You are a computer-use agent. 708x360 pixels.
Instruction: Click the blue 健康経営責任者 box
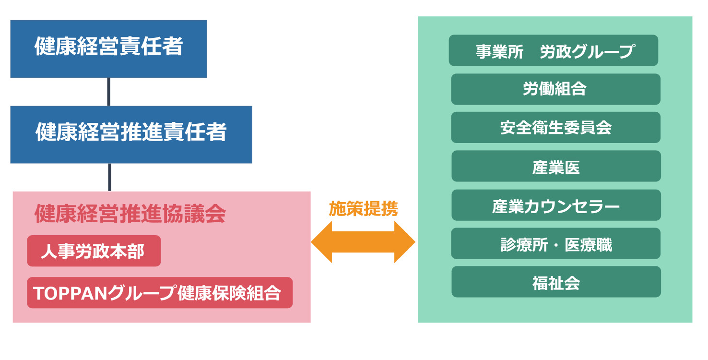point(109,49)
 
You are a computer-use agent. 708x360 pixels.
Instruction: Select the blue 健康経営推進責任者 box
point(131,135)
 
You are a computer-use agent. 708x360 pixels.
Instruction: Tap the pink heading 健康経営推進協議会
point(130,214)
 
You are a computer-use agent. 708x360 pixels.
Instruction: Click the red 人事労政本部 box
point(94,251)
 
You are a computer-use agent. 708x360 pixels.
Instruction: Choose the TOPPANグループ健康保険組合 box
point(160,293)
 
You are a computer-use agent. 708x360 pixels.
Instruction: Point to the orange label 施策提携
point(364,208)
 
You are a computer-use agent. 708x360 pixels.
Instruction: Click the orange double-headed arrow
point(363,242)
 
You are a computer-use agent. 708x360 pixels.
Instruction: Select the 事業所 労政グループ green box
point(554,50)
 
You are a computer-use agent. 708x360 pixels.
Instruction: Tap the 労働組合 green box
point(555,89)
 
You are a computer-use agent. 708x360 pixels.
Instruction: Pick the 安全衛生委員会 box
point(555,128)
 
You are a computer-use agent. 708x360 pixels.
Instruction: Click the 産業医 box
point(556,166)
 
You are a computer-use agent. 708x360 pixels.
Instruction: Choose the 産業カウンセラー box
point(556,205)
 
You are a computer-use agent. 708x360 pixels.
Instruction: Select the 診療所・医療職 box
point(555,243)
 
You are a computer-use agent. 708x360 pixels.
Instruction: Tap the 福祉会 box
point(556,282)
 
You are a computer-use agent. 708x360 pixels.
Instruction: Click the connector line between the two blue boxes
point(109,92)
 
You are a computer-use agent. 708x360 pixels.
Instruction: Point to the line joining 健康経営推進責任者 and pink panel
point(110,178)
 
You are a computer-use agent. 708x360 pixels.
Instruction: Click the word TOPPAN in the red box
point(70,293)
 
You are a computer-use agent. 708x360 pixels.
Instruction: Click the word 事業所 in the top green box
point(500,51)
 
